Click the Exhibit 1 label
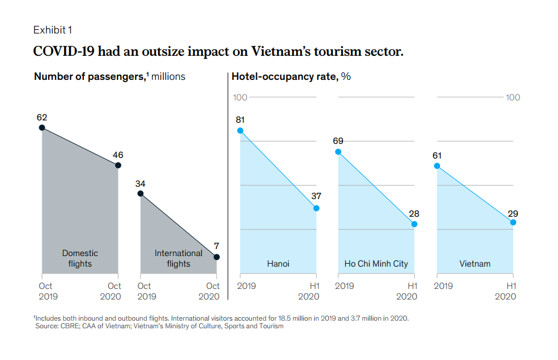(53, 29)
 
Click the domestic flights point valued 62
(42, 127)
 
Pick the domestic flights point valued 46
(118, 166)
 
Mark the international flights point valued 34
(140, 193)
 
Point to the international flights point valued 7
(217, 257)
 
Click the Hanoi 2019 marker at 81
(240, 130)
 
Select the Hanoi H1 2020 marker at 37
(317, 208)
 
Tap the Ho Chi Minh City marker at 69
(338, 152)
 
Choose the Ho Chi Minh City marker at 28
(415, 224)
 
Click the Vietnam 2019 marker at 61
(437, 166)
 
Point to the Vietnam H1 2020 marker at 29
(513, 222)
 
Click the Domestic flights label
(80, 258)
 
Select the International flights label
(179, 258)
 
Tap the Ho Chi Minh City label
(376, 264)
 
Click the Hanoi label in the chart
(278, 264)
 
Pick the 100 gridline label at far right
(513, 97)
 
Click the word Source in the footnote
(48, 326)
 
